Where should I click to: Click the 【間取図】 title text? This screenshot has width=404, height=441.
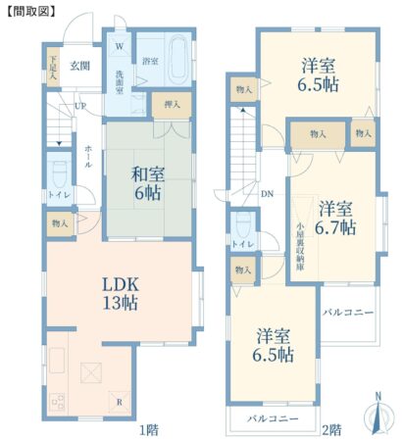coord(31,11)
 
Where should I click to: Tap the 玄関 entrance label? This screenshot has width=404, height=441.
coord(79,66)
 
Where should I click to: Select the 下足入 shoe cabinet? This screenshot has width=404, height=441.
coord(53,68)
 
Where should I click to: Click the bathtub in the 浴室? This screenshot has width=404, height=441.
coord(178,60)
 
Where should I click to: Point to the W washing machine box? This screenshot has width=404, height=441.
coord(120,45)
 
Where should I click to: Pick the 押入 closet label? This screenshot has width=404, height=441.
coord(172,105)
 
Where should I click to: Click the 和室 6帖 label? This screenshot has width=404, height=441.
coord(147,183)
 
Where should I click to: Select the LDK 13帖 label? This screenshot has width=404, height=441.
coord(121,293)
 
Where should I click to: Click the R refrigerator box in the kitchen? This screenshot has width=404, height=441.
coord(120,402)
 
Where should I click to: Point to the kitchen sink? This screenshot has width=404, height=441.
coord(57,361)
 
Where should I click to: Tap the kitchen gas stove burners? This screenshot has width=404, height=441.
coord(58,402)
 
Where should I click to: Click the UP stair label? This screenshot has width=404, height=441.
coord(80,106)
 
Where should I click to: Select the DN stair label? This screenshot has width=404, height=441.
coord(267,194)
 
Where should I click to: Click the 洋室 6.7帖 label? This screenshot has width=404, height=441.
coord(335,218)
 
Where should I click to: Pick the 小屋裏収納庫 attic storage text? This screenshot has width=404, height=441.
coord(300,247)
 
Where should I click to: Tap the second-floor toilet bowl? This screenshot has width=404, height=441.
coord(242,225)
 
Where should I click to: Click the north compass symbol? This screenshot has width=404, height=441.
coord(379,415)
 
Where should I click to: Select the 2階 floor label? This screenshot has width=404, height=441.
coord(332,429)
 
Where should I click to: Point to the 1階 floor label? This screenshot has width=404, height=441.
coord(149,429)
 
